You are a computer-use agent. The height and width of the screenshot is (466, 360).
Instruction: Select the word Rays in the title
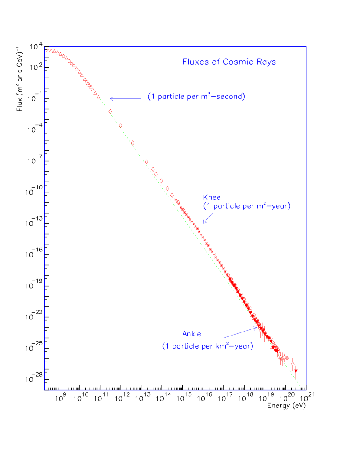266,62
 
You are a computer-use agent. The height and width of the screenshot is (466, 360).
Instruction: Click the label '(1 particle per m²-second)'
196,97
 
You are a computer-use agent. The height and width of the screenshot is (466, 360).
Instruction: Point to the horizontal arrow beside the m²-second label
125,99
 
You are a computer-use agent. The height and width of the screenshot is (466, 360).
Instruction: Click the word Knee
212,197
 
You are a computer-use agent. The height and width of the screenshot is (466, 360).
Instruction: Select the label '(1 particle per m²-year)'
247,206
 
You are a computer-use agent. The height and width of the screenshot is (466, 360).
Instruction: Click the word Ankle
192,334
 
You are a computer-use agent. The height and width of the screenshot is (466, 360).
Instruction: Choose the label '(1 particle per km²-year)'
208,347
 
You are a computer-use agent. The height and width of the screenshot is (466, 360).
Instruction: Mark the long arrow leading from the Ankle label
240,332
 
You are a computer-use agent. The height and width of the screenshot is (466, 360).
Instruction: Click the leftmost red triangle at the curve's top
48,51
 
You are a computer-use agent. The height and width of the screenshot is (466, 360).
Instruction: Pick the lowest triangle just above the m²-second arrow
98,97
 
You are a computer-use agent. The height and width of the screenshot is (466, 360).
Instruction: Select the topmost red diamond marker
110,111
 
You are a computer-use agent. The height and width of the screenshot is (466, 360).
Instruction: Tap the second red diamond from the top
120,126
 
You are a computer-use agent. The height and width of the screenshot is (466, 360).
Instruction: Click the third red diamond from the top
132,143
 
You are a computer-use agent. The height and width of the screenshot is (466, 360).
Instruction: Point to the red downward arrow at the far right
296,371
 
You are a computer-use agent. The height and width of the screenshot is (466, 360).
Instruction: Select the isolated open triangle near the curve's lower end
293,363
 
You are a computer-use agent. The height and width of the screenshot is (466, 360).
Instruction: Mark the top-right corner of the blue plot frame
306,47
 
